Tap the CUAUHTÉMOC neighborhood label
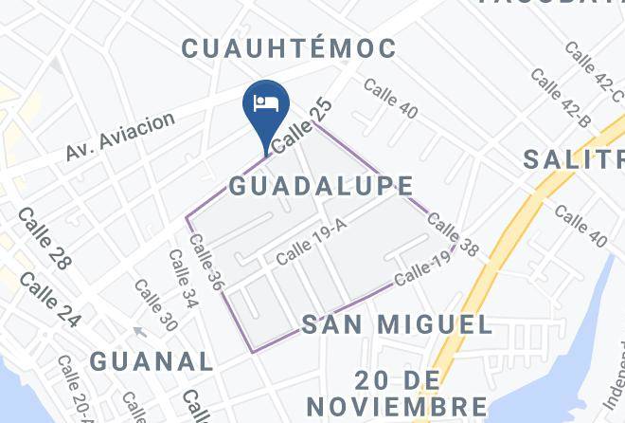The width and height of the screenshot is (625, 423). (290, 48)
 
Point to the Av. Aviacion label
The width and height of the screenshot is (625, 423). (120, 137)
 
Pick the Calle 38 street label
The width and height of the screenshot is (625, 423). (454, 233)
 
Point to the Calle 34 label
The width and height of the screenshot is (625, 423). (184, 279)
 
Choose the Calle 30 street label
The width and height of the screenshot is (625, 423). (155, 304)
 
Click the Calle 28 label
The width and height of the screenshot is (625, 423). (45, 238)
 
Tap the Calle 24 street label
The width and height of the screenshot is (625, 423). (49, 299)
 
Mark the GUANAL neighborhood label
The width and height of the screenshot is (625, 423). (152, 360)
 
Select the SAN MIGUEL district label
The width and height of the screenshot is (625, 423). (397, 325)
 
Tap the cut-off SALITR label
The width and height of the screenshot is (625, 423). (574, 158)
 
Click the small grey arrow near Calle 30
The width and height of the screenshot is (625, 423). (139, 332)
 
